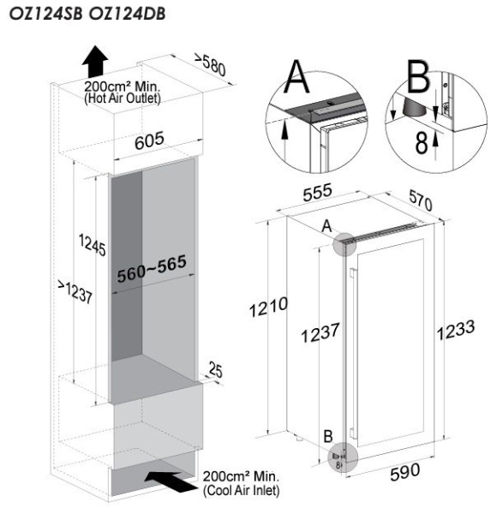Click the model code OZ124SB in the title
click(45, 14)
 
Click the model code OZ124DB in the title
click(127, 14)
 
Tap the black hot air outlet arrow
click(95, 62)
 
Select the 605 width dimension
click(149, 140)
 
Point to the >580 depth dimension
click(211, 64)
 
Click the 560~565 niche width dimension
click(152, 268)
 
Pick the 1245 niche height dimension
click(93, 244)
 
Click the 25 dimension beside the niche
click(215, 369)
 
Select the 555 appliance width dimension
click(317, 193)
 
